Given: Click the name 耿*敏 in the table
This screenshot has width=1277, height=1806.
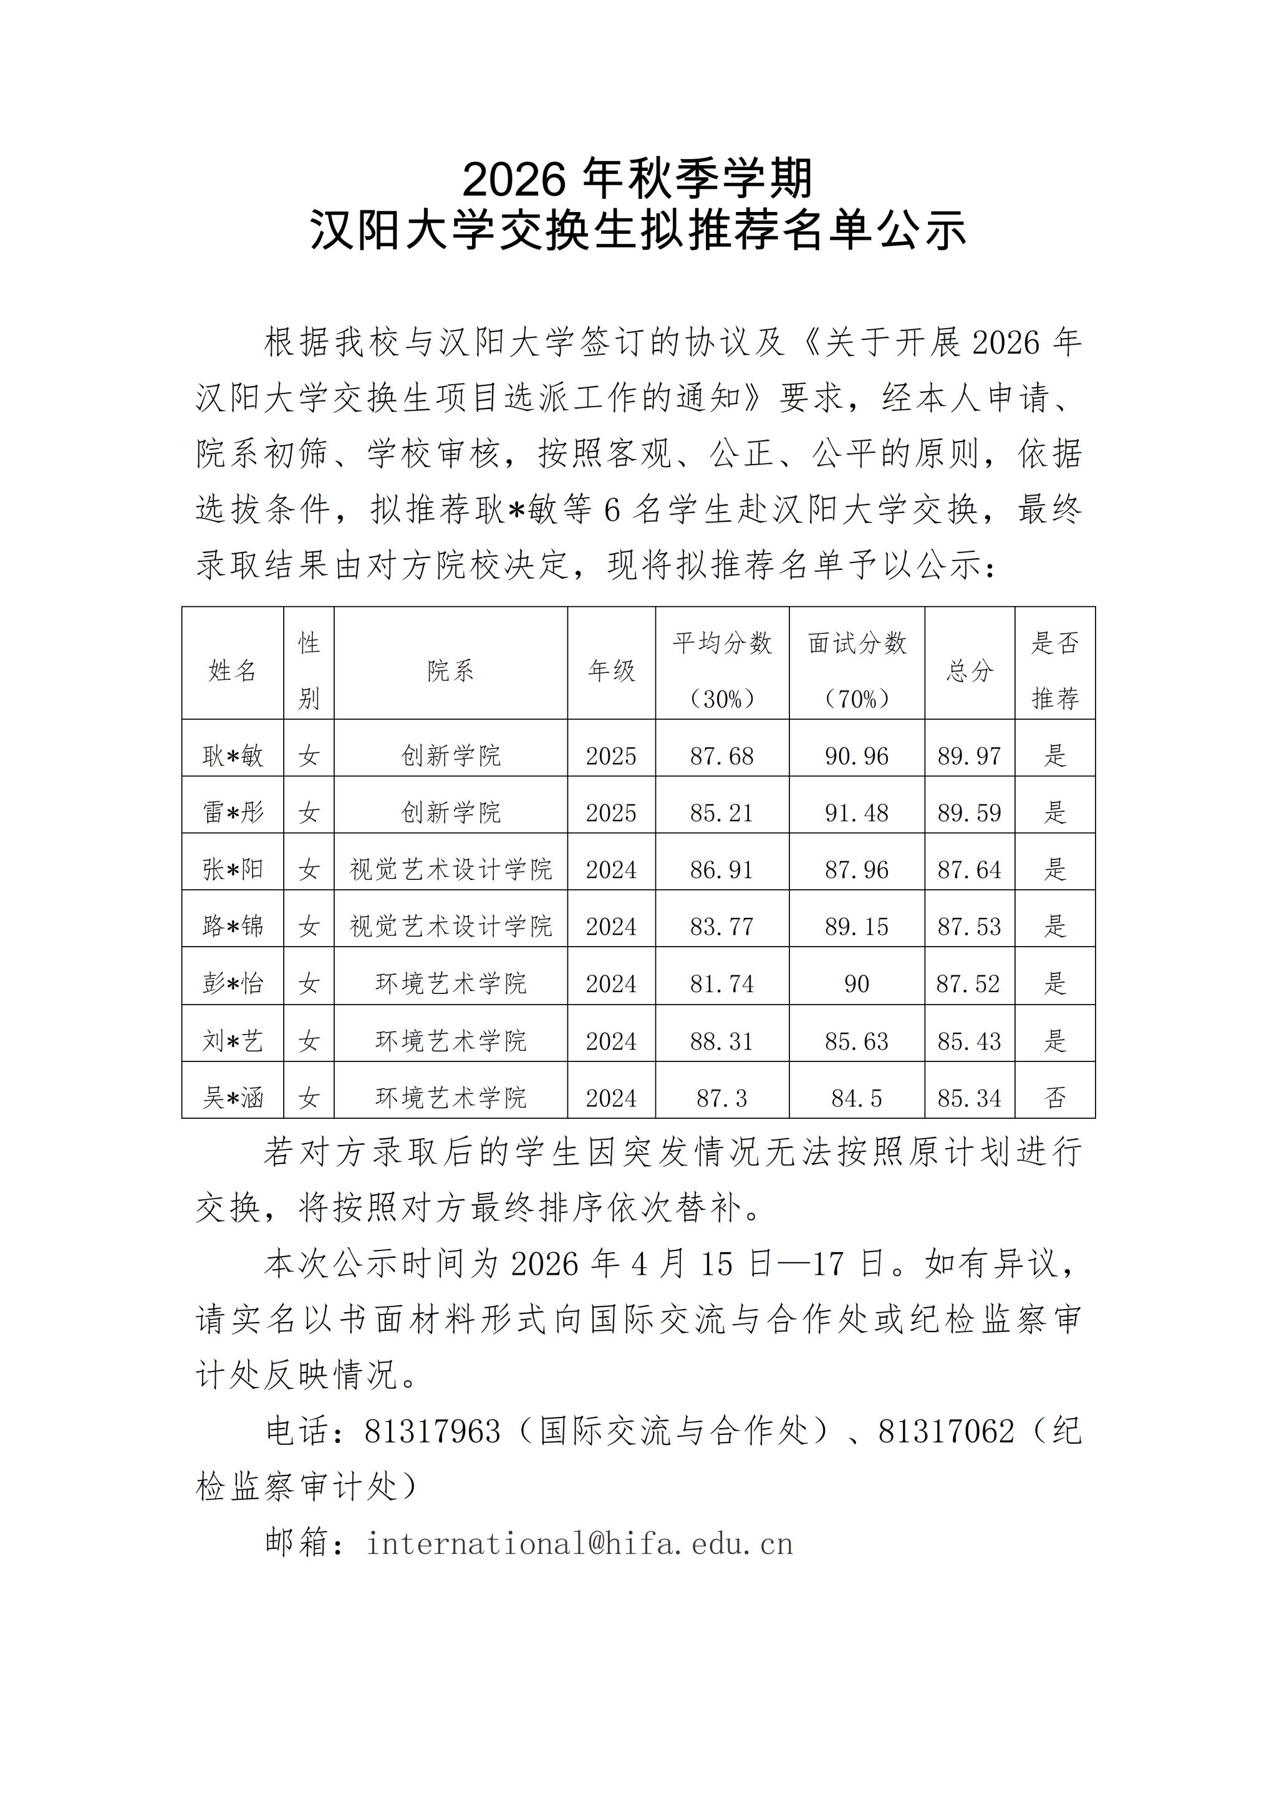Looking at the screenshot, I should [x=233, y=756].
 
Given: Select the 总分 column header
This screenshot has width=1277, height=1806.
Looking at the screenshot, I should [x=970, y=671].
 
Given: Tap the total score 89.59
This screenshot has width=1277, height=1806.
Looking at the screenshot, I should [x=970, y=813].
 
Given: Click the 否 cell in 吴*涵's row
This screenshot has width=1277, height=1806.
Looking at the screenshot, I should [x=1055, y=1098].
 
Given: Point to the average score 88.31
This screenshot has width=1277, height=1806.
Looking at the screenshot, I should [x=722, y=1041].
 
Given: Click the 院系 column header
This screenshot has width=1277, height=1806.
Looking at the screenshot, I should [x=451, y=671].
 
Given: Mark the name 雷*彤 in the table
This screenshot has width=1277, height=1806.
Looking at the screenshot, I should [x=233, y=813].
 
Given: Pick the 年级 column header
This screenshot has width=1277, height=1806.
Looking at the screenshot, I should [x=611, y=671].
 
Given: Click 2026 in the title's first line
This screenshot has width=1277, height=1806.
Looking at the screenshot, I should [x=514, y=180].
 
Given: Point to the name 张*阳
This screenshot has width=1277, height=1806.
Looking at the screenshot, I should [x=233, y=869].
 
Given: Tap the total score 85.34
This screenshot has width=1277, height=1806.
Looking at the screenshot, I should [x=970, y=1098].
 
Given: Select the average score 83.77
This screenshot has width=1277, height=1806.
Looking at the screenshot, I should [x=722, y=927].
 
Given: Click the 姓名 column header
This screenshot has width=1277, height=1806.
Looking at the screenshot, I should [x=233, y=671].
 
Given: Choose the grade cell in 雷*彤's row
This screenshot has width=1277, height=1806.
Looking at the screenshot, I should [x=611, y=813].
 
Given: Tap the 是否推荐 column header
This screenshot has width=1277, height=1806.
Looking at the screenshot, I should [x=1055, y=671].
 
